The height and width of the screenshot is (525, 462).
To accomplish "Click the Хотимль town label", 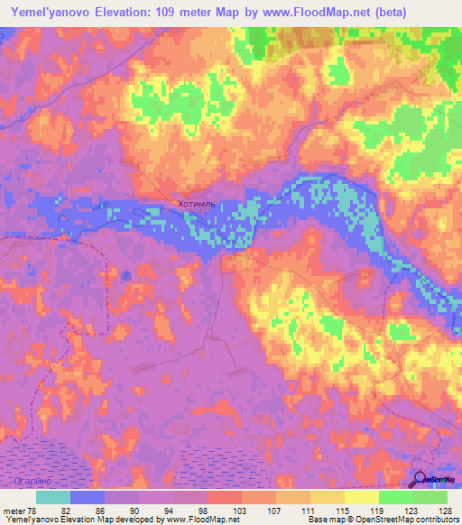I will pos(197,206).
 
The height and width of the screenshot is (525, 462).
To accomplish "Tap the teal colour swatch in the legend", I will pos(53,496).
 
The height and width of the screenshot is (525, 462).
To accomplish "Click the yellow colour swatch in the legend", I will pos(361,496).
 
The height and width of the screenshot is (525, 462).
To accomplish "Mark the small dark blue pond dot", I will pos(126,274).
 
